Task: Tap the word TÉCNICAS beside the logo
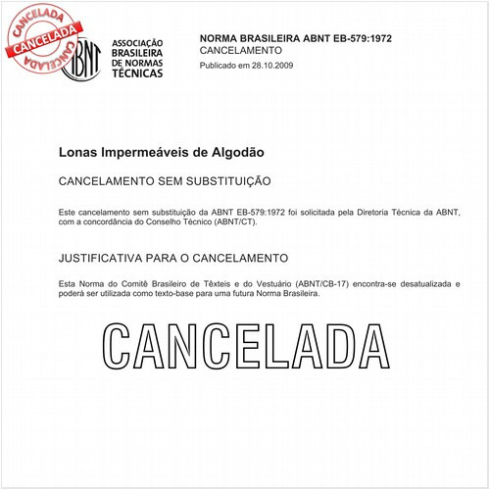(x=138, y=73)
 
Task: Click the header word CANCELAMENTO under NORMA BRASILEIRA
(x=240, y=50)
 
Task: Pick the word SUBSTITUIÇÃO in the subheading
(x=226, y=182)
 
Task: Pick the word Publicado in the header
(x=220, y=65)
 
